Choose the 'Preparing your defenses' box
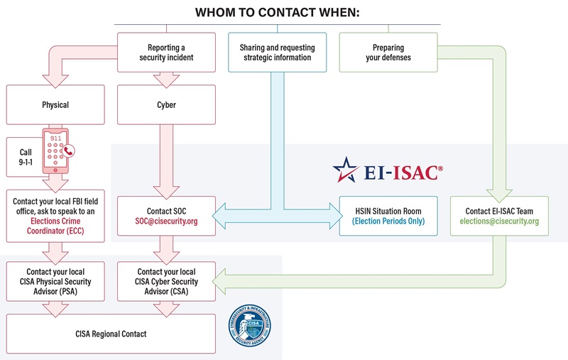[x=388, y=52]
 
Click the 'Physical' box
[x=55, y=104]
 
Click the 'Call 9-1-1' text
[x=26, y=158]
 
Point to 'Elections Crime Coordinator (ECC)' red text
[x=55, y=226]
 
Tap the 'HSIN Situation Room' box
[x=388, y=216]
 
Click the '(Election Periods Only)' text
[x=388, y=222]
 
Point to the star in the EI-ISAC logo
[x=346, y=170]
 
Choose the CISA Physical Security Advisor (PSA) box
[x=55, y=282]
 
